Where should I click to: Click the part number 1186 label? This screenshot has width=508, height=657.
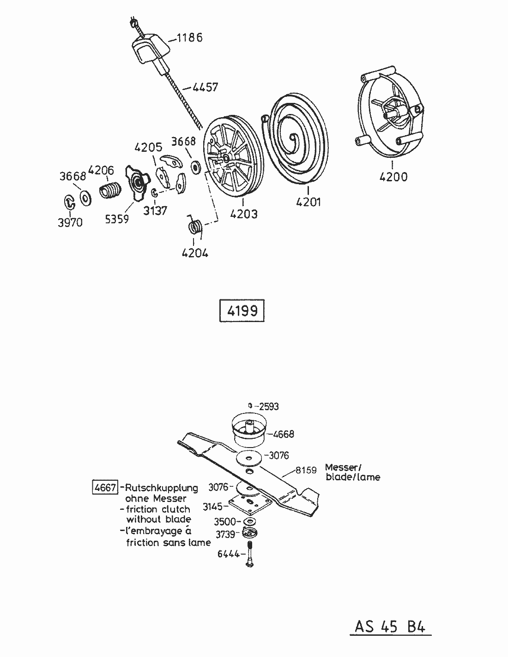click(x=189, y=37)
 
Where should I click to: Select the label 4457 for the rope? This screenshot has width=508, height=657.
click(x=205, y=87)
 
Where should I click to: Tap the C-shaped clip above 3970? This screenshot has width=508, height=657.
click(x=70, y=202)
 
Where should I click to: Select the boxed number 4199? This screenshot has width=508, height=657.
click(x=242, y=311)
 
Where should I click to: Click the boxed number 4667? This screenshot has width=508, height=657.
click(x=105, y=487)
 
